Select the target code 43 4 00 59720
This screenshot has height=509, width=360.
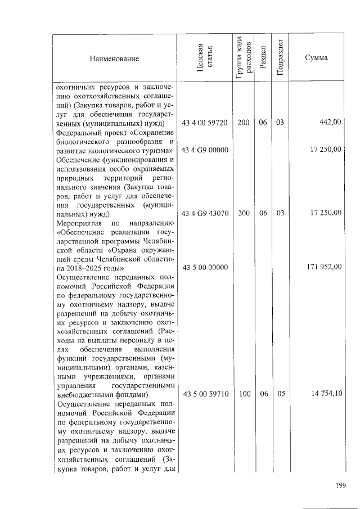click(x=205, y=123)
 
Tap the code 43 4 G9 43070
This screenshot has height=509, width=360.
click(x=205, y=213)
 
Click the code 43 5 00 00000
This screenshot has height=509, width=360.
click(x=205, y=267)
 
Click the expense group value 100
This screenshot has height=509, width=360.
click(x=244, y=394)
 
